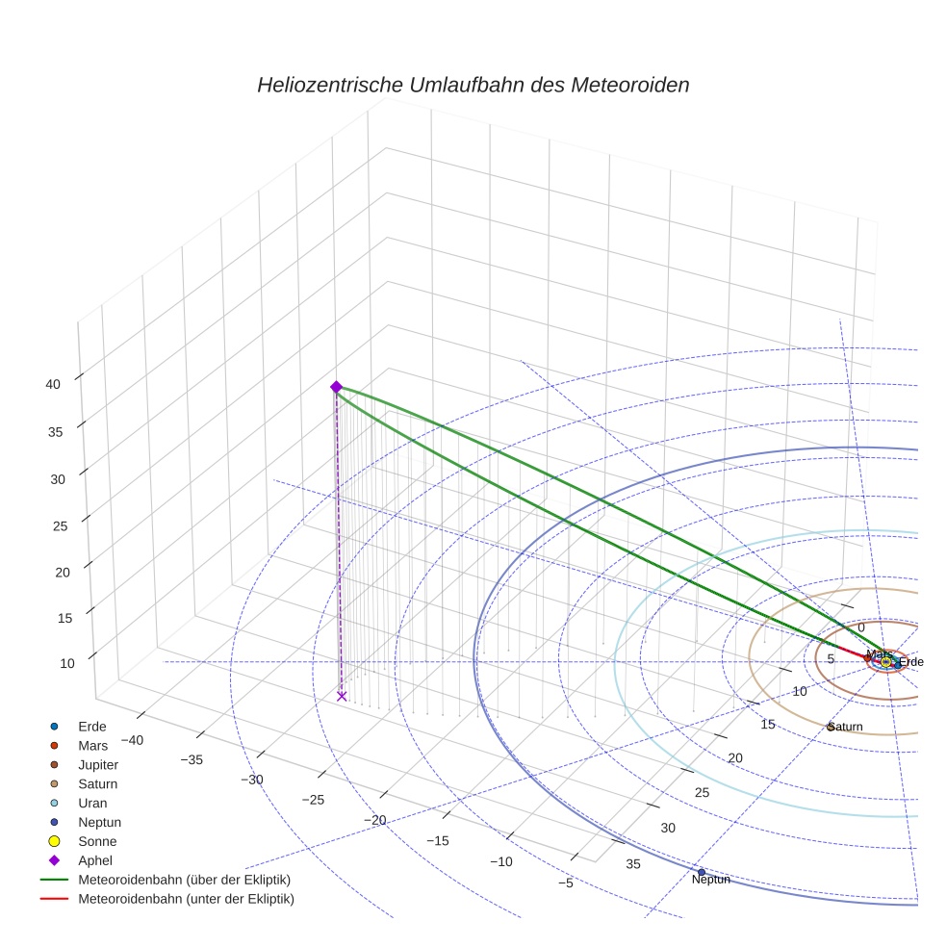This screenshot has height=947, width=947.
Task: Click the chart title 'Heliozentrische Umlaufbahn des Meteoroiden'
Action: click(473, 85)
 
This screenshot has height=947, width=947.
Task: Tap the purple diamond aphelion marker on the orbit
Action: click(336, 386)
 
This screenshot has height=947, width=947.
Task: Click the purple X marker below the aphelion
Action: click(342, 696)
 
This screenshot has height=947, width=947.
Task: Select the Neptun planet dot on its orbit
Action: click(702, 872)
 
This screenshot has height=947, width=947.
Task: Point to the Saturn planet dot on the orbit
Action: click(831, 727)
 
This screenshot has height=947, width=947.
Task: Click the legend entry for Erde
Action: click(92, 726)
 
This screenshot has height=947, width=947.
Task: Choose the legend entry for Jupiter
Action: click(98, 764)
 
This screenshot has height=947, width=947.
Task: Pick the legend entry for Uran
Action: click(92, 803)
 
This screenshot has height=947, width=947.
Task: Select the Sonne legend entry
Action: click(97, 841)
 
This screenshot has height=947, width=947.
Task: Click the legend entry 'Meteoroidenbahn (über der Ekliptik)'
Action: click(184, 880)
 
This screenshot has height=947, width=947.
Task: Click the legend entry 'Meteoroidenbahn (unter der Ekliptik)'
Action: click(186, 899)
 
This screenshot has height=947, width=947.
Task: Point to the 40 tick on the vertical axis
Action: click(53, 384)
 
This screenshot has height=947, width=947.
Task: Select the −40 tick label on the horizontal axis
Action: click(133, 740)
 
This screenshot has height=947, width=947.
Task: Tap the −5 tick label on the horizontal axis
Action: click(565, 883)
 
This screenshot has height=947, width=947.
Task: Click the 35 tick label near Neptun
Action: click(633, 864)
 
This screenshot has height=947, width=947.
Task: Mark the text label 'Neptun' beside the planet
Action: click(711, 880)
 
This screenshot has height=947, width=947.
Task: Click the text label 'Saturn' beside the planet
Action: click(846, 727)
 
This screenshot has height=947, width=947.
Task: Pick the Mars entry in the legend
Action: click(92, 745)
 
